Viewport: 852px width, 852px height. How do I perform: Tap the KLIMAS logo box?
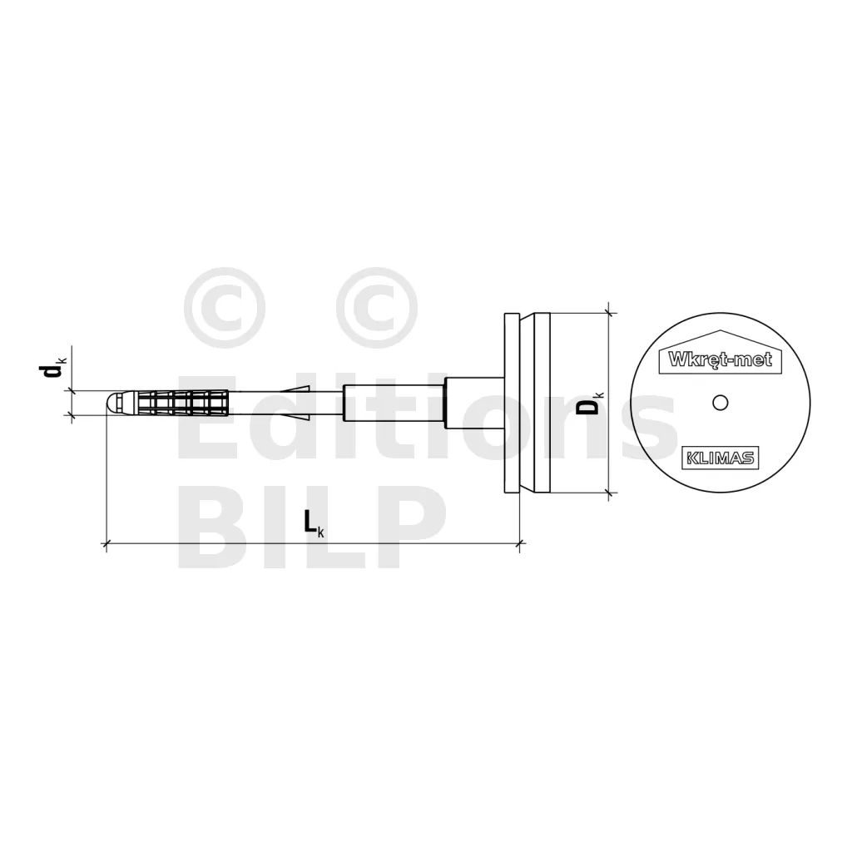pyautogui.click(x=720, y=458)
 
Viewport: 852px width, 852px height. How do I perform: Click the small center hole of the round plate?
pyautogui.click(x=720, y=403)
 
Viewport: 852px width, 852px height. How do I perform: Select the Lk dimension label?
pyautogui.click(x=314, y=524)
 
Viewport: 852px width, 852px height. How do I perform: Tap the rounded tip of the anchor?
pyautogui.click(x=112, y=403)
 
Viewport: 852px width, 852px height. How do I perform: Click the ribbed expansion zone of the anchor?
pyautogui.click(x=184, y=403)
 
